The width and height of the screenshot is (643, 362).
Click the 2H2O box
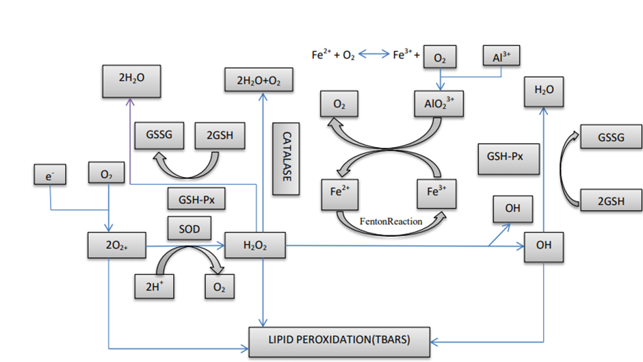pos(131,81)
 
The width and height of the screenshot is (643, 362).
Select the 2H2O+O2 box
pos(259,81)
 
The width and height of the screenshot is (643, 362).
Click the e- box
pos(50,176)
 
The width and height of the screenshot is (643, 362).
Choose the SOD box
pos(189,229)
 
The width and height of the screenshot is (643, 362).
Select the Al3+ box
pos(501,57)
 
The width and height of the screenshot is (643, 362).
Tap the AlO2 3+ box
pos(440,105)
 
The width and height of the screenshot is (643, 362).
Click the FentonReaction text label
pos(391,221)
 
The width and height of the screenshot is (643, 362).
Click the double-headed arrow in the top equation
pos(373,55)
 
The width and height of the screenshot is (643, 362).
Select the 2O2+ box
pos(109,246)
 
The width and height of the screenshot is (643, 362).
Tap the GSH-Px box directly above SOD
pos(196,200)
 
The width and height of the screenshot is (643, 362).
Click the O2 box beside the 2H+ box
pos(220,287)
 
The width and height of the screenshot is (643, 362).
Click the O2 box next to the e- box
pos(106,174)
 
